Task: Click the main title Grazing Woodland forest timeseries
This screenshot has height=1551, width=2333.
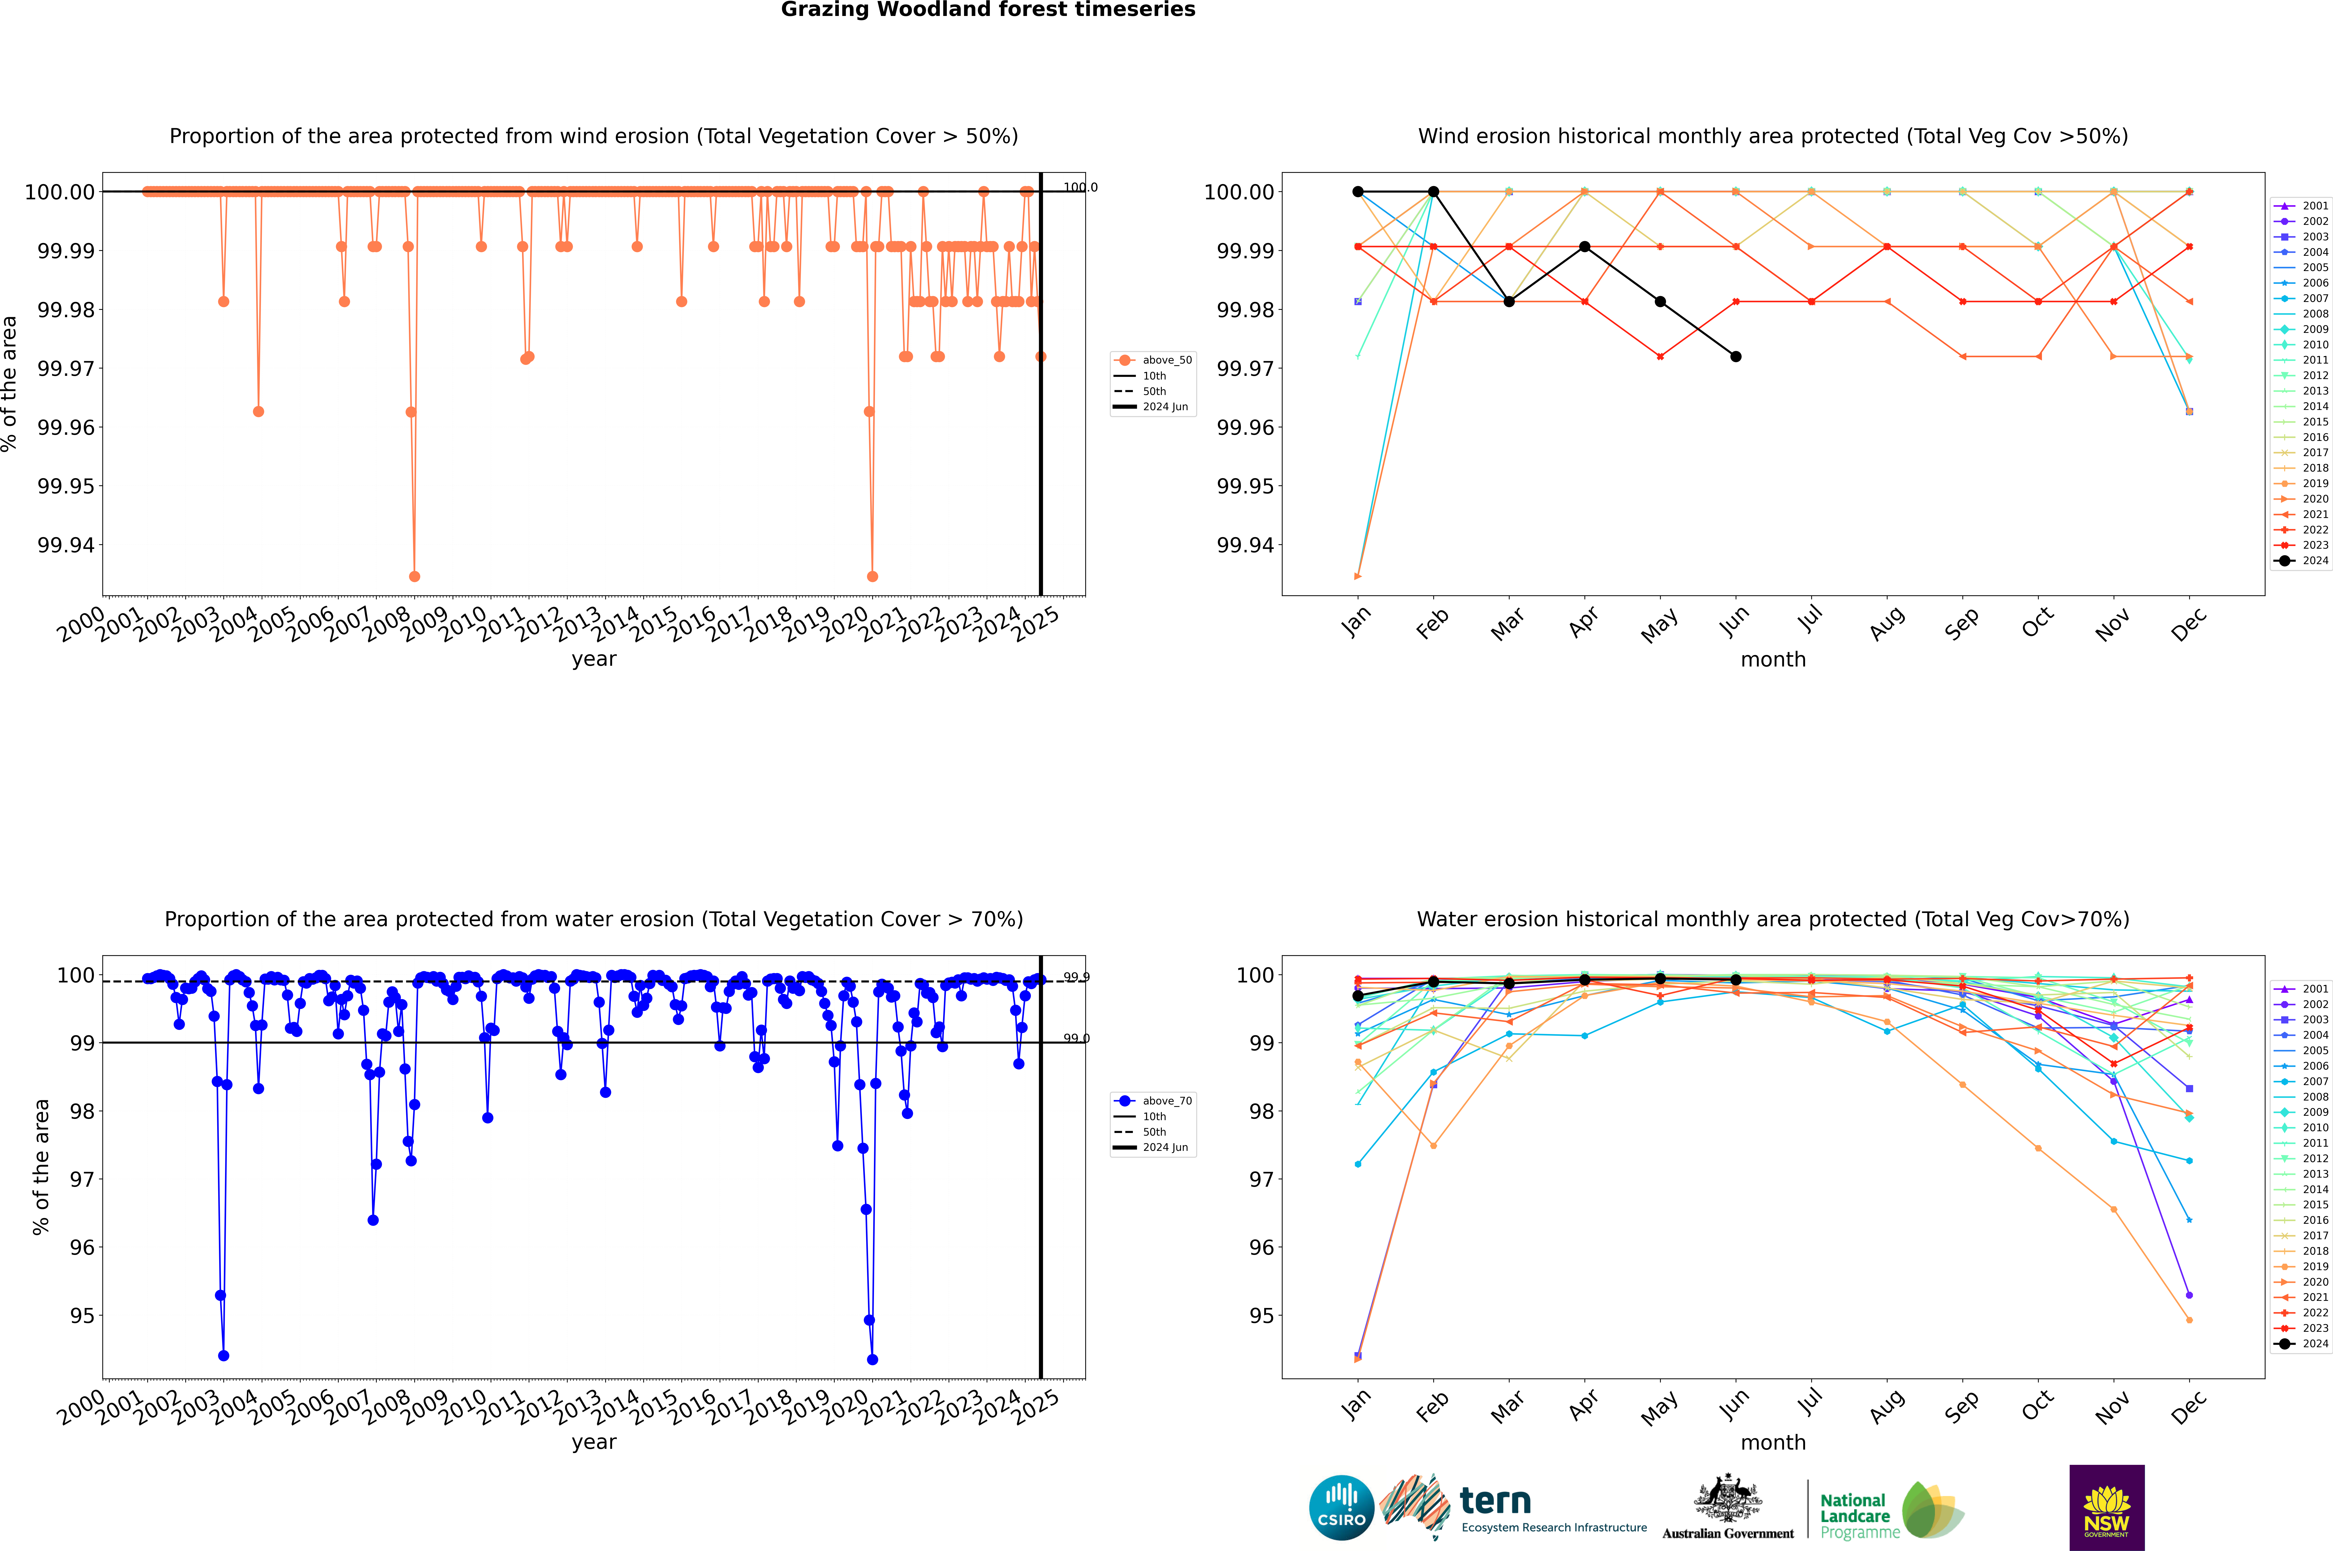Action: (988, 10)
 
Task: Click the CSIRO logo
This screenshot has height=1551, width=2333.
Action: (1341, 1508)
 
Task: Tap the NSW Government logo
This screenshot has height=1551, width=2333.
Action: (2106, 1508)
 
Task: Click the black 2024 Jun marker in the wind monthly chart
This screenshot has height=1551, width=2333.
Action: (1736, 356)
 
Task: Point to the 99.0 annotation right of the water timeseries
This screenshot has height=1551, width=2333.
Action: (1076, 1039)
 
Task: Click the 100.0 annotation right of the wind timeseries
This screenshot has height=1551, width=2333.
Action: (1080, 187)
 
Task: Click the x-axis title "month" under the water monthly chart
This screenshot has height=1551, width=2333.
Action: (1773, 1442)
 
